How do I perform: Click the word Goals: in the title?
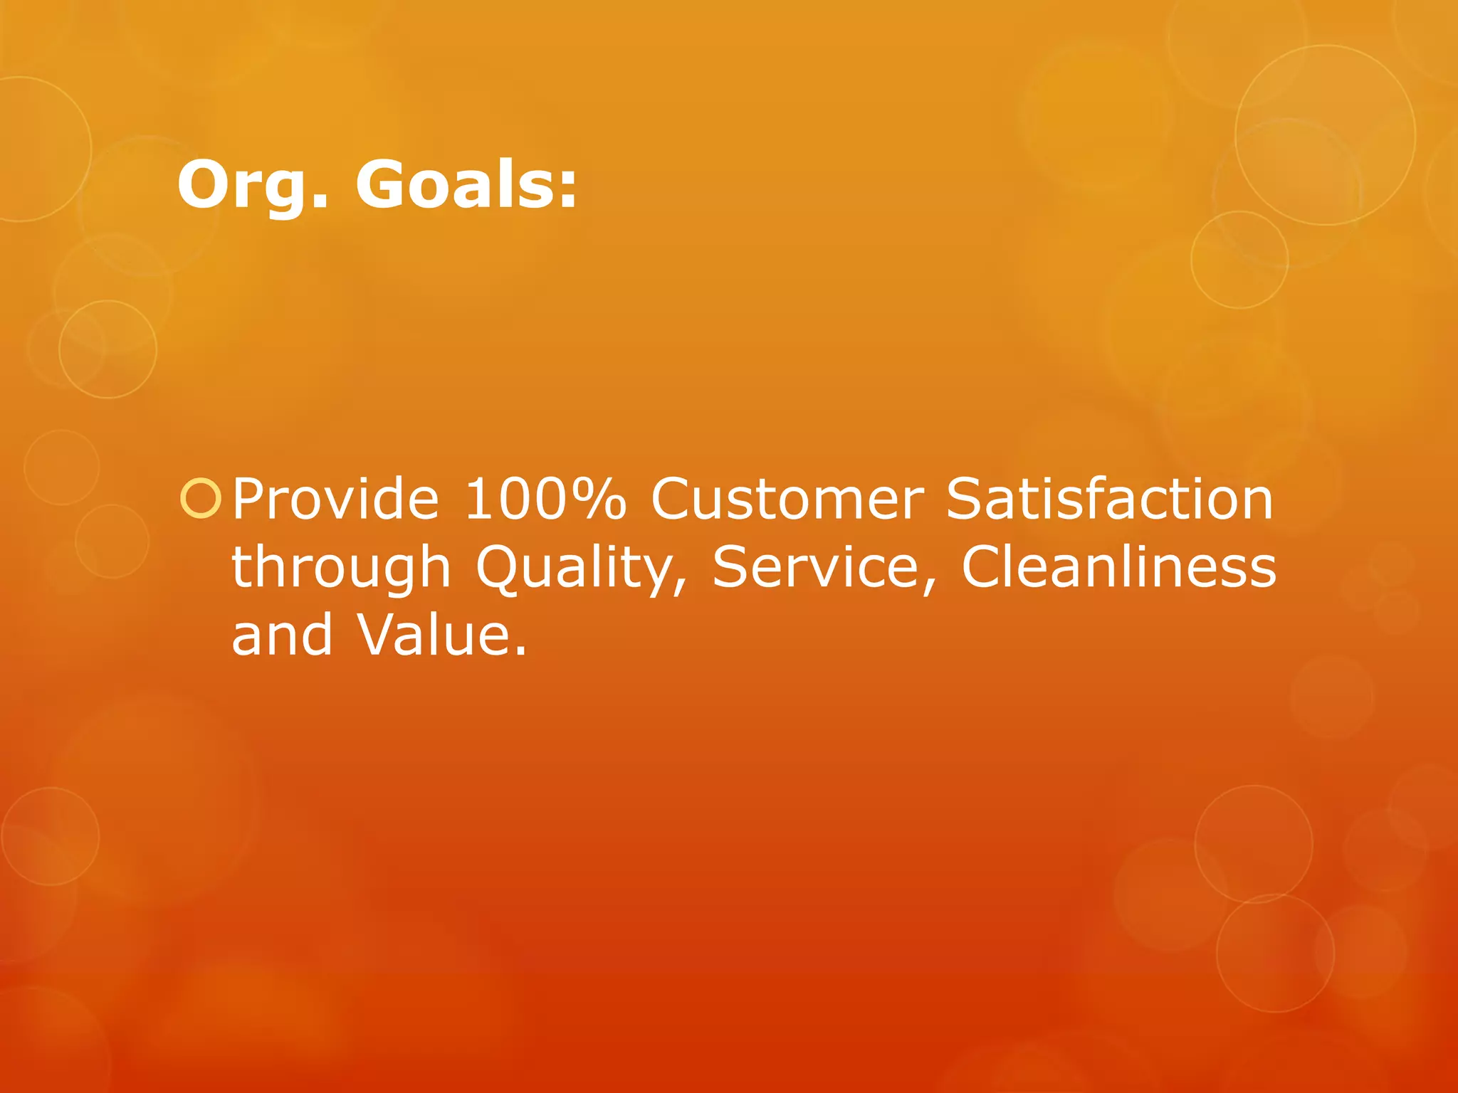click(x=466, y=185)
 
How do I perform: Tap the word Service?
click(x=817, y=567)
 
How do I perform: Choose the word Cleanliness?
click(x=1118, y=567)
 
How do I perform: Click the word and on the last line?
click(x=282, y=635)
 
